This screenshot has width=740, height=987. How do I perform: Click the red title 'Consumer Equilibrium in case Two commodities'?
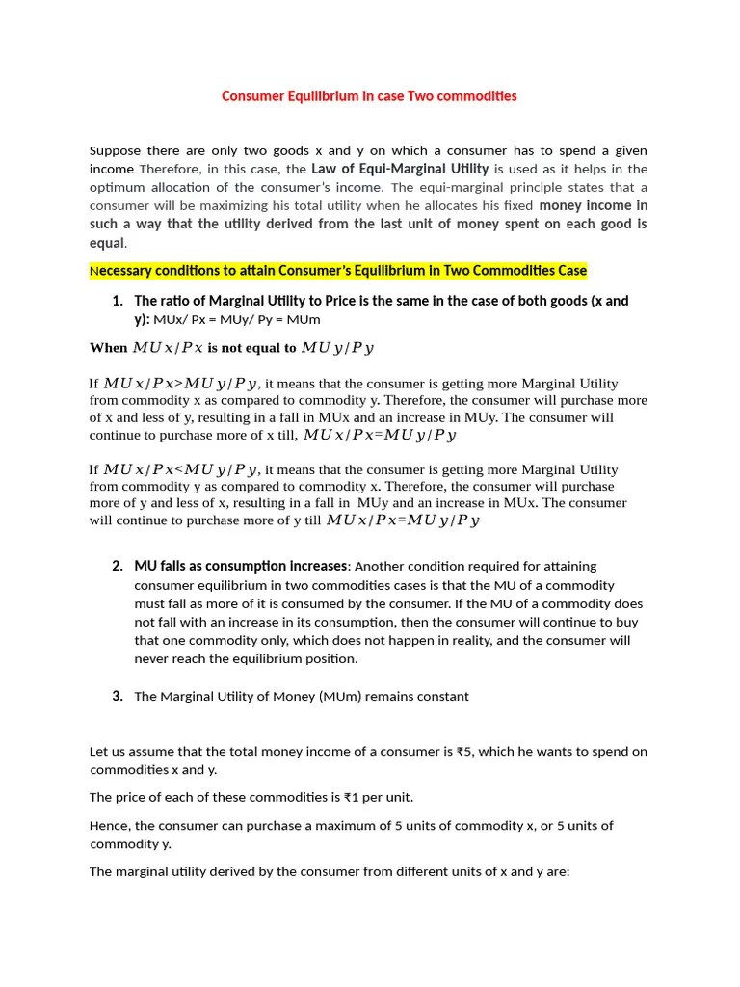coord(369,96)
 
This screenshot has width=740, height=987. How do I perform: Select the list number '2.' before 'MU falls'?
coord(118,566)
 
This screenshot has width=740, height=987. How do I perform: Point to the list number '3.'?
coord(118,696)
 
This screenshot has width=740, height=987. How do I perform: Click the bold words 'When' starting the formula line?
coord(108,348)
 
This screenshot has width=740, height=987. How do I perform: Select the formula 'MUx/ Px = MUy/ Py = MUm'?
coord(237,319)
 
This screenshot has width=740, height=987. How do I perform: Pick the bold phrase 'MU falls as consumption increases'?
coord(240,566)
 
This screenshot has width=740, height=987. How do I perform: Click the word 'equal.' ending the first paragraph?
coord(108,243)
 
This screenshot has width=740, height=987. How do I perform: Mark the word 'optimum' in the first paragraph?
coord(118,188)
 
